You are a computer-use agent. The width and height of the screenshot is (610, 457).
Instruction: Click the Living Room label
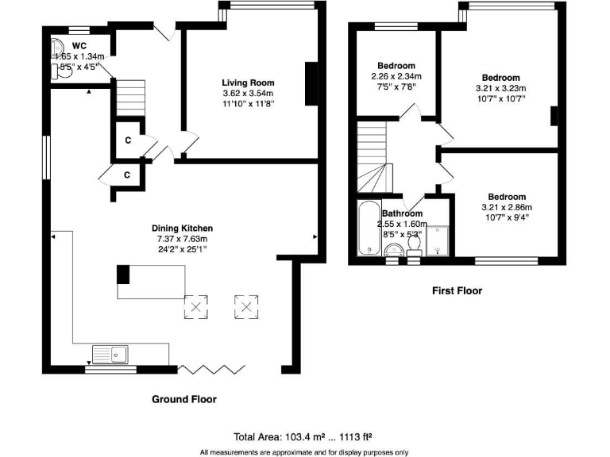(x=247, y=83)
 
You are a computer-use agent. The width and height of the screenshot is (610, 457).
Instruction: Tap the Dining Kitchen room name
(x=183, y=228)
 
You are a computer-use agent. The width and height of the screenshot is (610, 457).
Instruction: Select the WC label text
(x=79, y=45)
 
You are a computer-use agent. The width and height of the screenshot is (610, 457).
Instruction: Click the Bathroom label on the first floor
(x=402, y=213)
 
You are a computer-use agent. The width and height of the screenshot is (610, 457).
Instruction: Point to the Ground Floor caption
(x=183, y=399)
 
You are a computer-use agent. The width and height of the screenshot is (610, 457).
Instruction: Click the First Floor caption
(x=457, y=291)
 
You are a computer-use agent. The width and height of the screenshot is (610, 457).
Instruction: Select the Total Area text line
(x=303, y=436)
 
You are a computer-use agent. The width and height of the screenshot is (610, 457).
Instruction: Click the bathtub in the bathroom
(x=369, y=230)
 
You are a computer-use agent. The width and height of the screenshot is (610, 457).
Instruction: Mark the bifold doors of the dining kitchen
(x=210, y=369)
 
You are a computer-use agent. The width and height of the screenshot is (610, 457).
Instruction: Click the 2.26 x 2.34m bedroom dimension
(x=396, y=76)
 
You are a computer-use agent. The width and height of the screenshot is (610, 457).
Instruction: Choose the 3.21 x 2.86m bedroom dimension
(x=506, y=207)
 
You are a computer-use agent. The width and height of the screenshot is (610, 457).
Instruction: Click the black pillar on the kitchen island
(x=123, y=275)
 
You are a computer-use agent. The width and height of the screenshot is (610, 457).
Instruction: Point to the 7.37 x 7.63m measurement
(x=183, y=239)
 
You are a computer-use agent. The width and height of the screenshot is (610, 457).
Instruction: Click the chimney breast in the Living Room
(x=311, y=82)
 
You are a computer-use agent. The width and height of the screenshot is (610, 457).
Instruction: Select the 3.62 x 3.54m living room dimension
(x=247, y=93)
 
